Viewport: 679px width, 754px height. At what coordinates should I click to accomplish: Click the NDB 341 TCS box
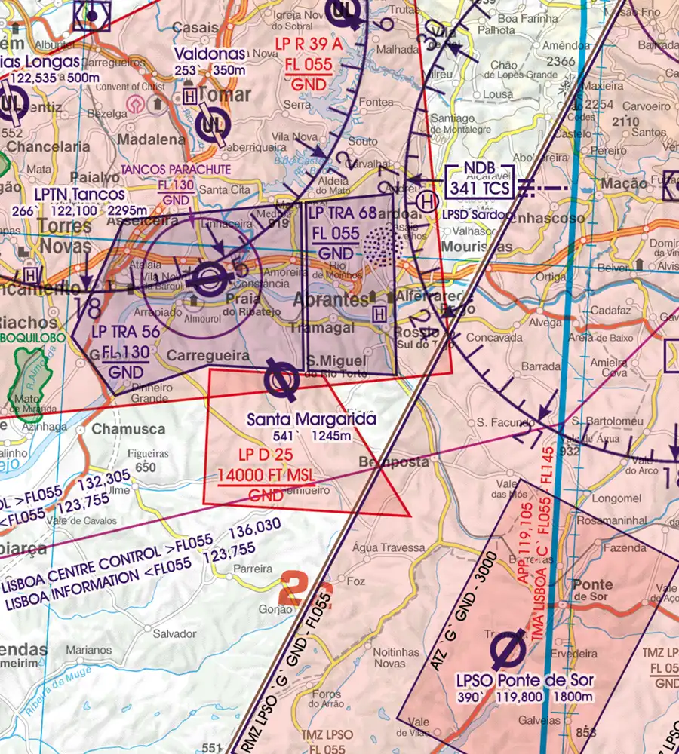tap(480, 179)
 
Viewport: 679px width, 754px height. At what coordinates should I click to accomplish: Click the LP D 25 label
tap(266, 455)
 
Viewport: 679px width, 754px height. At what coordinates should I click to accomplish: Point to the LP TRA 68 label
tap(342, 214)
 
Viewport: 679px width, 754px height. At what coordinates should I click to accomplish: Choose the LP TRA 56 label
tap(125, 331)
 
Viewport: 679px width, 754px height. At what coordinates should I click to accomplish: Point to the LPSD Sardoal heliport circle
tap(428, 201)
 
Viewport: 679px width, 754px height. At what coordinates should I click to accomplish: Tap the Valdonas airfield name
tap(210, 54)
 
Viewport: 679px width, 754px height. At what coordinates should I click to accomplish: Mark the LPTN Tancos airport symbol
tap(207, 280)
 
